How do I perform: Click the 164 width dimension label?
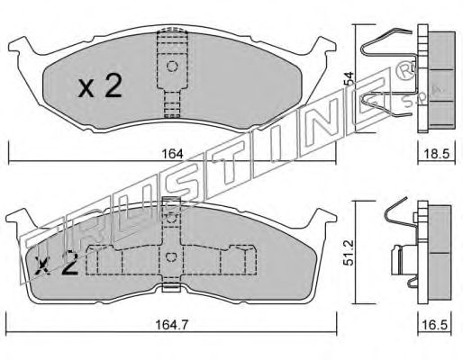coord(172,154)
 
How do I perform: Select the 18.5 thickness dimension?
coord(437,154)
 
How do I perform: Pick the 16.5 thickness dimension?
coord(435,325)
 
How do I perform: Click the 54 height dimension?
coord(350,78)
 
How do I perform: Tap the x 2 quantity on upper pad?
coord(100,86)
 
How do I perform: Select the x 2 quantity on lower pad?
coord(57,264)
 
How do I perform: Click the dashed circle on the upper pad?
coord(172,66)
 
